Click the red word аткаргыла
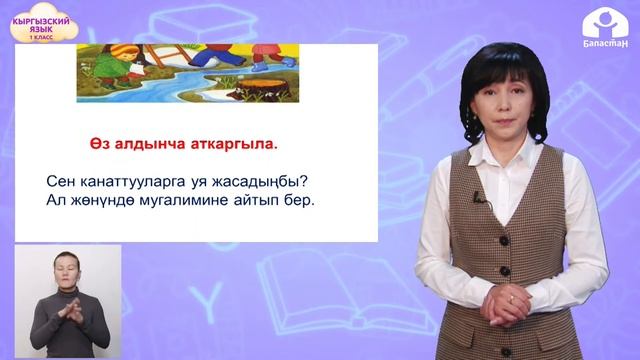pos(234,142)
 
